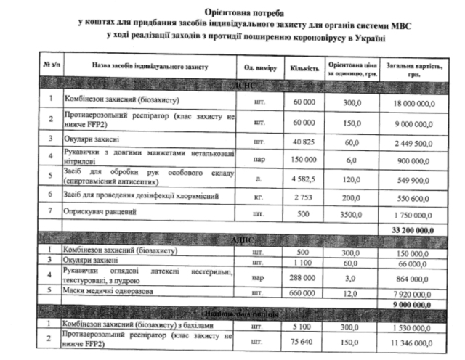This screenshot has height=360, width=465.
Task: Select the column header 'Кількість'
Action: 304,67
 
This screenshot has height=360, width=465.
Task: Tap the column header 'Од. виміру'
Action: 261,67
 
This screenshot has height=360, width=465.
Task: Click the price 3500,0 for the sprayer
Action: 353,215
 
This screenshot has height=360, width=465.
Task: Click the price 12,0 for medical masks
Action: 354,294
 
